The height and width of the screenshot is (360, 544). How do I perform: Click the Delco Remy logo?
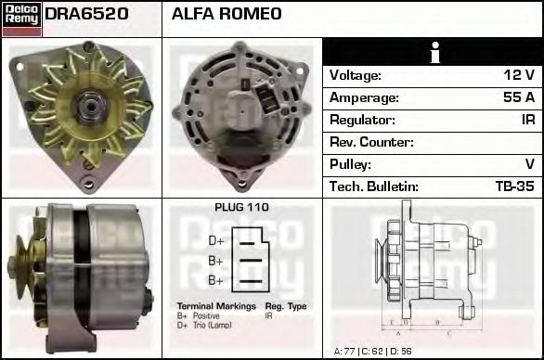pos(20,18)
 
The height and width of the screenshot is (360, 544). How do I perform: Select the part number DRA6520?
pos(86,14)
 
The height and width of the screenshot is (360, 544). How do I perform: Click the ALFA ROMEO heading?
pos(226,14)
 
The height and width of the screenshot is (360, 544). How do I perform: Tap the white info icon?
pos(434,52)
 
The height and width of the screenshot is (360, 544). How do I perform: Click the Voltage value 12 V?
pos(520,75)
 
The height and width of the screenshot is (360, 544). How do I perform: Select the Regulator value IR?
pos(526,120)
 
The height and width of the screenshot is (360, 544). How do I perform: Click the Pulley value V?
pos(529,164)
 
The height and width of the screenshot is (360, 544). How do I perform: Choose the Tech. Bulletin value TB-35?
pos(516,186)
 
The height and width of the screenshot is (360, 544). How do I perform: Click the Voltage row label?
pos(356,75)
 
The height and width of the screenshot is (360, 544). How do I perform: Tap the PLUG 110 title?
pos(241,208)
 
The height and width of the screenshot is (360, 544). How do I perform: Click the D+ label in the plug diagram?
pos(215,240)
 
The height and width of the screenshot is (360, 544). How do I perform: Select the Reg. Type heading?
pos(285,306)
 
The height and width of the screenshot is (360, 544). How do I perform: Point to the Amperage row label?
pos(365,97)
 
